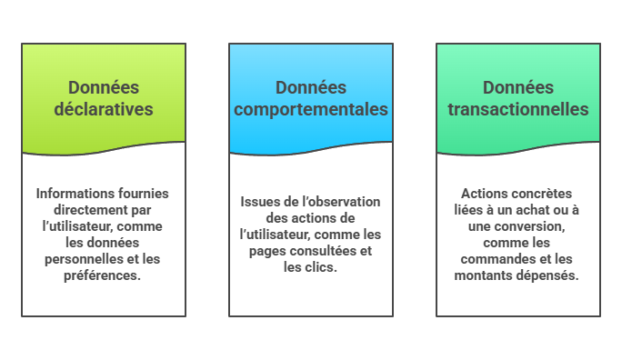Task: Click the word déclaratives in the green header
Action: point(104,109)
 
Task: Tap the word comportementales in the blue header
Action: point(311,109)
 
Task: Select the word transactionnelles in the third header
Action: point(518,109)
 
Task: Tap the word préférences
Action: point(103,275)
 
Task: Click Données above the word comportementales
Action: point(311,87)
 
